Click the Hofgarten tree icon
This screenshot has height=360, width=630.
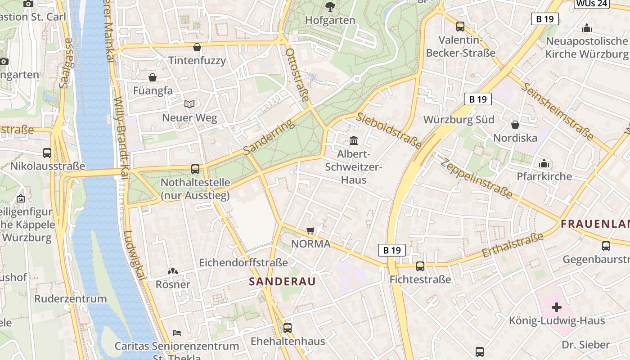point(330,6)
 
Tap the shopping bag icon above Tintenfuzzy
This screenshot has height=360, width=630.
point(197,47)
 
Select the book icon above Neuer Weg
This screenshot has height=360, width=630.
point(189,104)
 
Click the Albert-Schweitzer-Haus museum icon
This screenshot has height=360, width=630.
point(354,140)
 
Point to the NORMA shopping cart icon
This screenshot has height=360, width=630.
point(310,231)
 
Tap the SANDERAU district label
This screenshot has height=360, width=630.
point(282,282)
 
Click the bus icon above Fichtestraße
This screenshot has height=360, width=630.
point(420,266)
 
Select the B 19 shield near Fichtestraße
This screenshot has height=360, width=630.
point(392,250)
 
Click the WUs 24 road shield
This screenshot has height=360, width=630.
point(592,4)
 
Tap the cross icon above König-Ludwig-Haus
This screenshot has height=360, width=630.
point(557,307)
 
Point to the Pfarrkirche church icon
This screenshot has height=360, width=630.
point(544,163)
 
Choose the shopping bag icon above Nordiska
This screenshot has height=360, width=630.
point(515,124)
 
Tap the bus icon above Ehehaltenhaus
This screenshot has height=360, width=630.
point(288,328)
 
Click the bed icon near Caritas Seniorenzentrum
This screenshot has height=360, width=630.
point(177,333)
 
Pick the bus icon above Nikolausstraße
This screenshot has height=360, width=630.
point(47,153)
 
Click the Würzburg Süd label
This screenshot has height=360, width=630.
point(459,120)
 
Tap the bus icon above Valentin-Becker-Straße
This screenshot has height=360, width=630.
point(460,27)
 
